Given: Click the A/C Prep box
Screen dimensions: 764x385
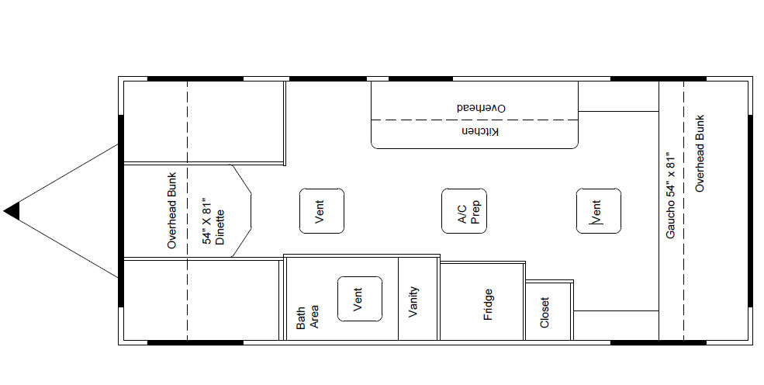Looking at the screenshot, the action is click(464, 211).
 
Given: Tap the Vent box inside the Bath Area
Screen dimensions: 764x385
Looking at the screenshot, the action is click(360, 299).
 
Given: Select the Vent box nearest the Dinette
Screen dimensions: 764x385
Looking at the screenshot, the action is click(322, 211).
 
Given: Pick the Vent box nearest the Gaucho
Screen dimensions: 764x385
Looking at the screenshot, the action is click(598, 211).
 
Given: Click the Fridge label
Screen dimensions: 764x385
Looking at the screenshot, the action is click(488, 304).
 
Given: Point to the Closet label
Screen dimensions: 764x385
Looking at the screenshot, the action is click(544, 312).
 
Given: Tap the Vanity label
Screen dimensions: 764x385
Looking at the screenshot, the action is click(413, 302).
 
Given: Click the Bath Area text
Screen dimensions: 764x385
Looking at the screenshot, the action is click(307, 317).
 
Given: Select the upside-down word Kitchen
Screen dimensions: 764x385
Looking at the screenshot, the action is click(480, 132).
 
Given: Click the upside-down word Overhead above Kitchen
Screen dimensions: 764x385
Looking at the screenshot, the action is click(481, 108).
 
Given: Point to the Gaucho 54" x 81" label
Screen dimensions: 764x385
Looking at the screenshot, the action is click(671, 195).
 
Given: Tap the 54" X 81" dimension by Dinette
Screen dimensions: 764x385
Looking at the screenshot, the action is click(208, 220).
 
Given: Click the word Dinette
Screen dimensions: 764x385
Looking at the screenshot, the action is click(220, 227).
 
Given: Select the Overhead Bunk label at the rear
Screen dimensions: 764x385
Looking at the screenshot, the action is click(700, 153).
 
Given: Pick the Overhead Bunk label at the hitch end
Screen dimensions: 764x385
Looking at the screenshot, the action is click(171, 210).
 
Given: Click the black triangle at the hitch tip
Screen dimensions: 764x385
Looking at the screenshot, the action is click(13, 211).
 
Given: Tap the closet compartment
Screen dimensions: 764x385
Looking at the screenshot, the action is click(548, 310).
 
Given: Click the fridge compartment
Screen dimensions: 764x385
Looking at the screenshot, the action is click(482, 301).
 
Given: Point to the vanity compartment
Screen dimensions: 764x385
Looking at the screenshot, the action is click(418, 298).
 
